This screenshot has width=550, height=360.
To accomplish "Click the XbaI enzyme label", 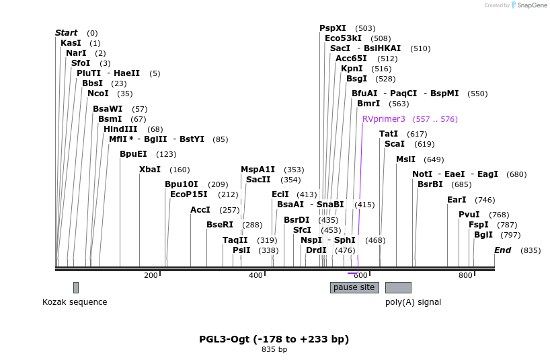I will (150, 170).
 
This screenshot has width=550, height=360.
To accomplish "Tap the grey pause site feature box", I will (354, 287).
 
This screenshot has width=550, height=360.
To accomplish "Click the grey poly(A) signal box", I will (398, 287).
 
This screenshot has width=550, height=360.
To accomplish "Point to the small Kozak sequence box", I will (76, 287).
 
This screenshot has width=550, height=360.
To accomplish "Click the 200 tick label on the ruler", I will (151, 275).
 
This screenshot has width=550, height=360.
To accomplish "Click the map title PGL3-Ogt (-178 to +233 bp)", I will (274, 338).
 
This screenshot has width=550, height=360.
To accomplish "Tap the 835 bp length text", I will (274, 349).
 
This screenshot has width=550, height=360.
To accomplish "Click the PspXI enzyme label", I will (333, 28).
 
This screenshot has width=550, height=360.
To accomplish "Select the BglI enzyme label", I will (483, 235).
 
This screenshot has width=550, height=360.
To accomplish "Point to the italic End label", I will (503, 250).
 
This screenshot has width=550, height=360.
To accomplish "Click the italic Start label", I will (66, 32).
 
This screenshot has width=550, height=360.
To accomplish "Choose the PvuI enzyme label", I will (469, 214).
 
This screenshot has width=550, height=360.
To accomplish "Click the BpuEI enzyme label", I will (133, 153).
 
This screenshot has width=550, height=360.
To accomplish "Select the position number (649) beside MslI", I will (434, 159).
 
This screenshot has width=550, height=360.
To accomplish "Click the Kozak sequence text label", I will (75, 302).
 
